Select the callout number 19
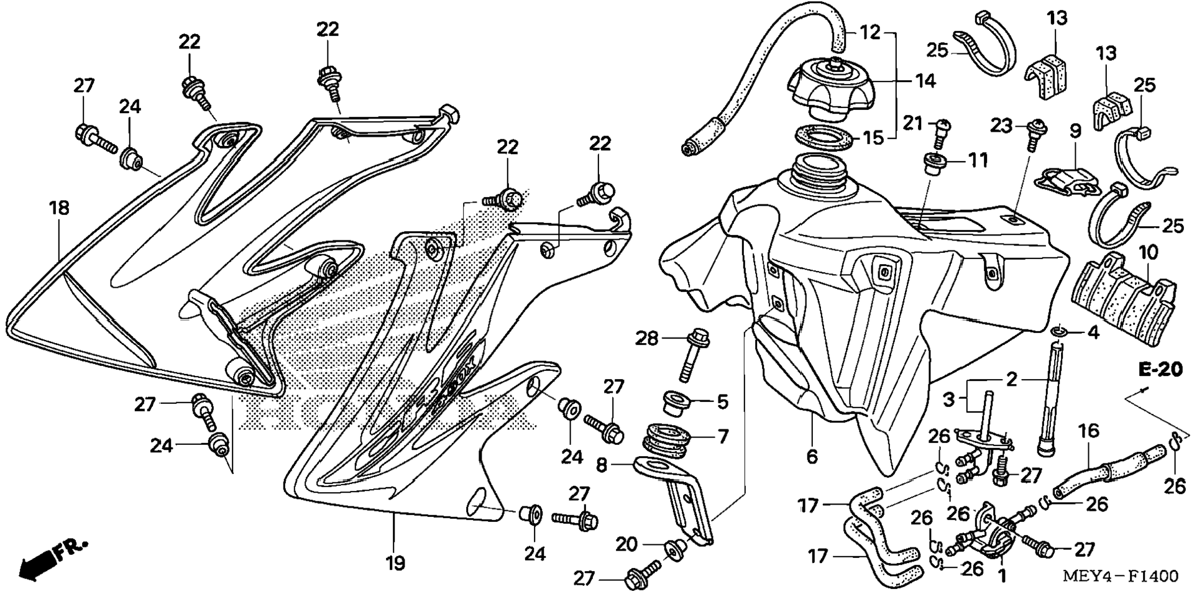pos(395,563)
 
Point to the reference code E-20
pos(1160,369)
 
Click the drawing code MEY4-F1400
pos(1120,577)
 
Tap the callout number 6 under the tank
pos(812,457)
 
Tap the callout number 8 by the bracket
pos(602,465)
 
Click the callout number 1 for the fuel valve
pos(1002,576)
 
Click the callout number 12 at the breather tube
pos(870,32)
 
